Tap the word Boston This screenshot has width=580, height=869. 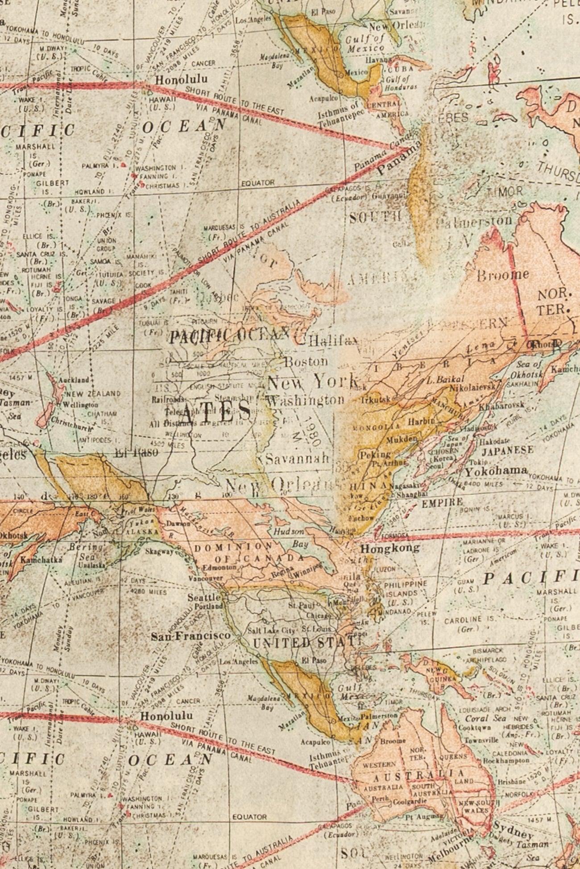point(306,361)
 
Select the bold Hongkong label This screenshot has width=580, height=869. point(389,548)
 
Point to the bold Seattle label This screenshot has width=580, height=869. point(204,597)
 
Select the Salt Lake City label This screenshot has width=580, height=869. point(272,631)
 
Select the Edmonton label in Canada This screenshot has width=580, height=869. point(219,567)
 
